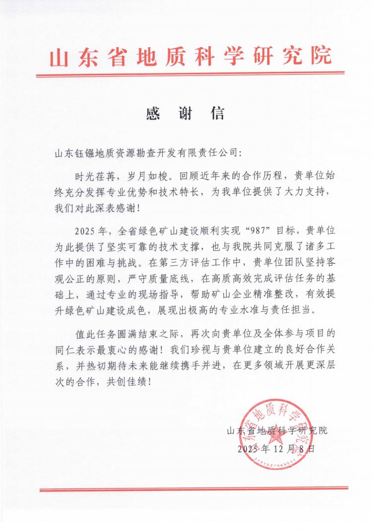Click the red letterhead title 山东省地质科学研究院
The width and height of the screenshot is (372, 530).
tap(191, 58)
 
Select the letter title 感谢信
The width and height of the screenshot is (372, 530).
tap(186, 114)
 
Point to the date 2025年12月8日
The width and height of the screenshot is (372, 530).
tap(276, 449)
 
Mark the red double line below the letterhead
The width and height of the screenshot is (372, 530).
tap(190, 75)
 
